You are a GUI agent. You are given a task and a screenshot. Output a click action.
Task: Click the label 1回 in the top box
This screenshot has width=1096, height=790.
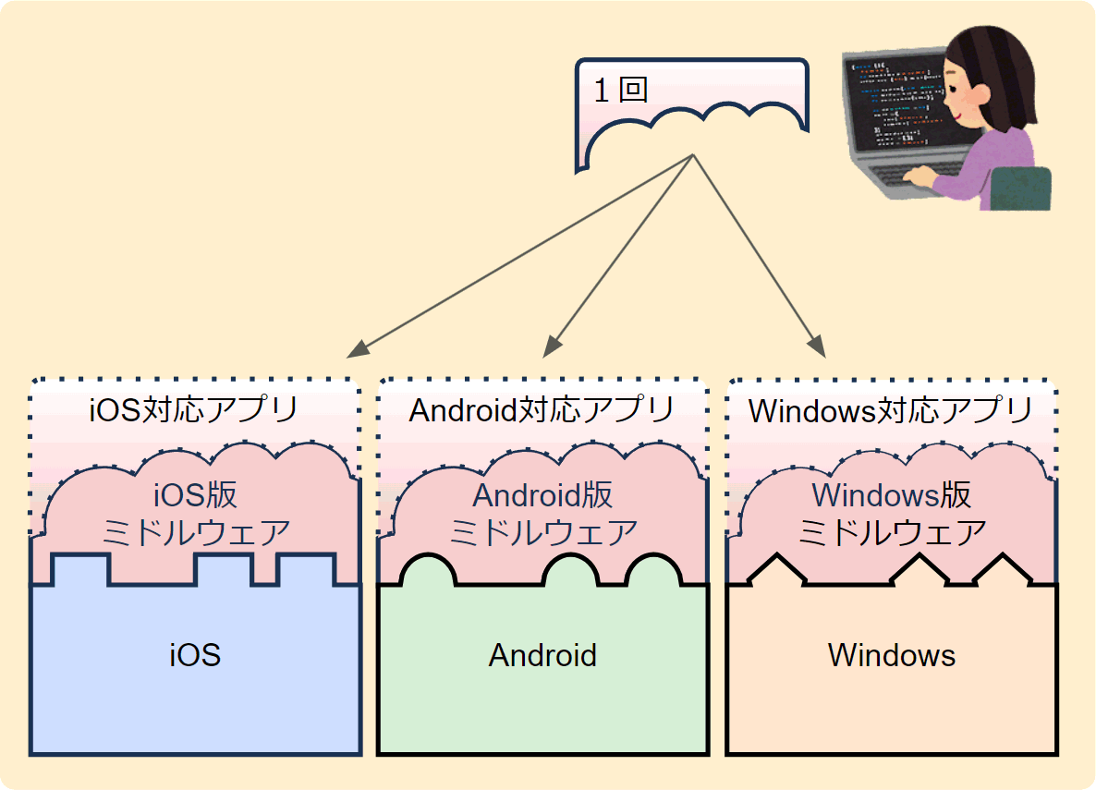[x=621, y=91]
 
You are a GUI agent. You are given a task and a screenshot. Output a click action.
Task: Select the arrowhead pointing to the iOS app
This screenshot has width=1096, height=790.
[x=358, y=349]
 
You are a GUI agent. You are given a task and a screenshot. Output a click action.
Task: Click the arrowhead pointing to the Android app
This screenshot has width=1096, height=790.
[x=553, y=346]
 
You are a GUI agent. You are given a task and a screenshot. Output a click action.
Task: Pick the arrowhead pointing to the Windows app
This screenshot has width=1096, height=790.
[x=817, y=346]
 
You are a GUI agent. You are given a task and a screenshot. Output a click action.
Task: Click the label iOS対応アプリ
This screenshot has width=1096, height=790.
[x=194, y=410]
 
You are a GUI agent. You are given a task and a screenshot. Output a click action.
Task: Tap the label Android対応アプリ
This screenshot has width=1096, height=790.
[x=542, y=410]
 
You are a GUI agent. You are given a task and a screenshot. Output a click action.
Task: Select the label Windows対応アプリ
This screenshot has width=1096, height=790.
[x=891, y=410]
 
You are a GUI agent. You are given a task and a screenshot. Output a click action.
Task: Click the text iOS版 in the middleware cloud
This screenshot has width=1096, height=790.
[x=196, y=495]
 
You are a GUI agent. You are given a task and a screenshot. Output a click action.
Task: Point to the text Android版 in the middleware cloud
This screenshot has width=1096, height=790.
[x=543, y=495]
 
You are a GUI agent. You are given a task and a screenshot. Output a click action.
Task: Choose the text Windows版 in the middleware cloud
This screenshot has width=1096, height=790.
[x=891, y=495]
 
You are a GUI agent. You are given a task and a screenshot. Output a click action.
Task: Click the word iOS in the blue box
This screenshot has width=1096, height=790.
[x=195, y=655]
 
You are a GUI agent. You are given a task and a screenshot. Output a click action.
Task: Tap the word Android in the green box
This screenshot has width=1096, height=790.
[x=542, y=655]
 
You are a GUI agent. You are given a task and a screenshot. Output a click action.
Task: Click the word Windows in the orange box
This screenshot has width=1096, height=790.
[x=891, y=655]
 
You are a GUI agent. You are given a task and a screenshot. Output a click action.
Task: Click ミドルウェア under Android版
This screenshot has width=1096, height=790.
[x=543, y=533]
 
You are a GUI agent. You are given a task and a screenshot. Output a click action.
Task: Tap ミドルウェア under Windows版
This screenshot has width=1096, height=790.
[x=892, y=533]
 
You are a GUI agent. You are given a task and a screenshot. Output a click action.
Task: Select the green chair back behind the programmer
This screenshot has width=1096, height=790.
[x=1022, y=188]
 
